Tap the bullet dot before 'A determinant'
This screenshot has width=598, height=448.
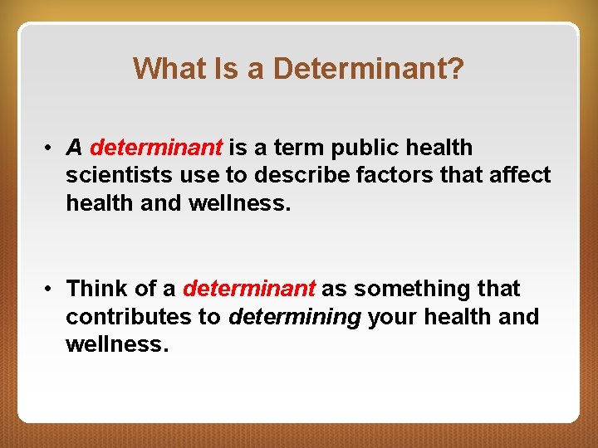coord(51,149)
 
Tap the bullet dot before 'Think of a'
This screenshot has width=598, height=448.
coord(51,290)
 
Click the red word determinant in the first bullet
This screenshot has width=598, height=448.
coord(156,148)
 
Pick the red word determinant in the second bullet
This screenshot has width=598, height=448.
coord(249,289)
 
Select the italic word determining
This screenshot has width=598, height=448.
coord(295,317)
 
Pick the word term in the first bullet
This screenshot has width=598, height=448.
coord(298,148)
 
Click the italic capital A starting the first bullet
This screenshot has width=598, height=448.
coord(74,148)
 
